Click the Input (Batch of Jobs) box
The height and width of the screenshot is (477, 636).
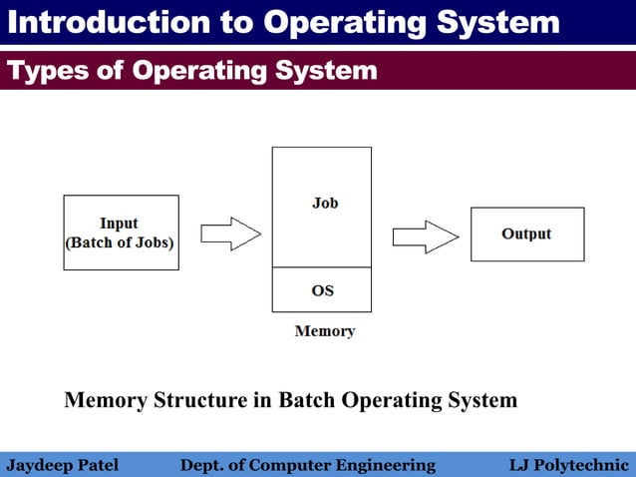pyautogui.click(x=121, y=233)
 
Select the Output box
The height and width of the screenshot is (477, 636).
pyautogui.click(x=526, y=235)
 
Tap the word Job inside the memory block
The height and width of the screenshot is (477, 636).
pyautogui.click(x=325, y=203)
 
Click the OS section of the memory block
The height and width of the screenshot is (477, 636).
pyautogui.click(x=322, y=290)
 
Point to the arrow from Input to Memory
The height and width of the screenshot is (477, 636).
pyautogui.click(x=230, y=235)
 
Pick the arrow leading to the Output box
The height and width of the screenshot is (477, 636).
pyautogui.click(x=425, y=237)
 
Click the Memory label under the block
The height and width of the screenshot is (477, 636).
pyautogui.click(x=324, y=331)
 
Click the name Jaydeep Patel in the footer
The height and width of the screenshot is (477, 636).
pyautogui.click(x=63, y=465)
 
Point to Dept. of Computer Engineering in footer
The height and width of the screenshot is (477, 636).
pyautogui.click(x=307, y=465)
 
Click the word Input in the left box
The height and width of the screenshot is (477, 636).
pyautogui.click(x=119, y=223)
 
